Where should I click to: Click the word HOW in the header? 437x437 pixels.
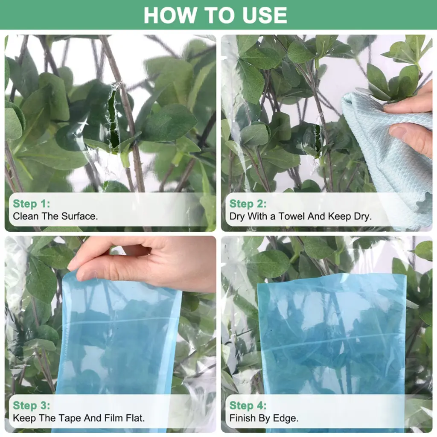170,15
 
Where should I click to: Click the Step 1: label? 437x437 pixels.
32,204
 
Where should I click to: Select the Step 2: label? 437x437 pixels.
248,204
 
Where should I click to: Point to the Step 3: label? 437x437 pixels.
32,405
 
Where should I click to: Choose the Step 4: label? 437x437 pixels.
248,405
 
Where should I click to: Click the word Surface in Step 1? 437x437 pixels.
79,216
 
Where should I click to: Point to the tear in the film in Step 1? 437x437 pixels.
114,117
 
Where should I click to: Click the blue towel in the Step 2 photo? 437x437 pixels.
387,156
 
